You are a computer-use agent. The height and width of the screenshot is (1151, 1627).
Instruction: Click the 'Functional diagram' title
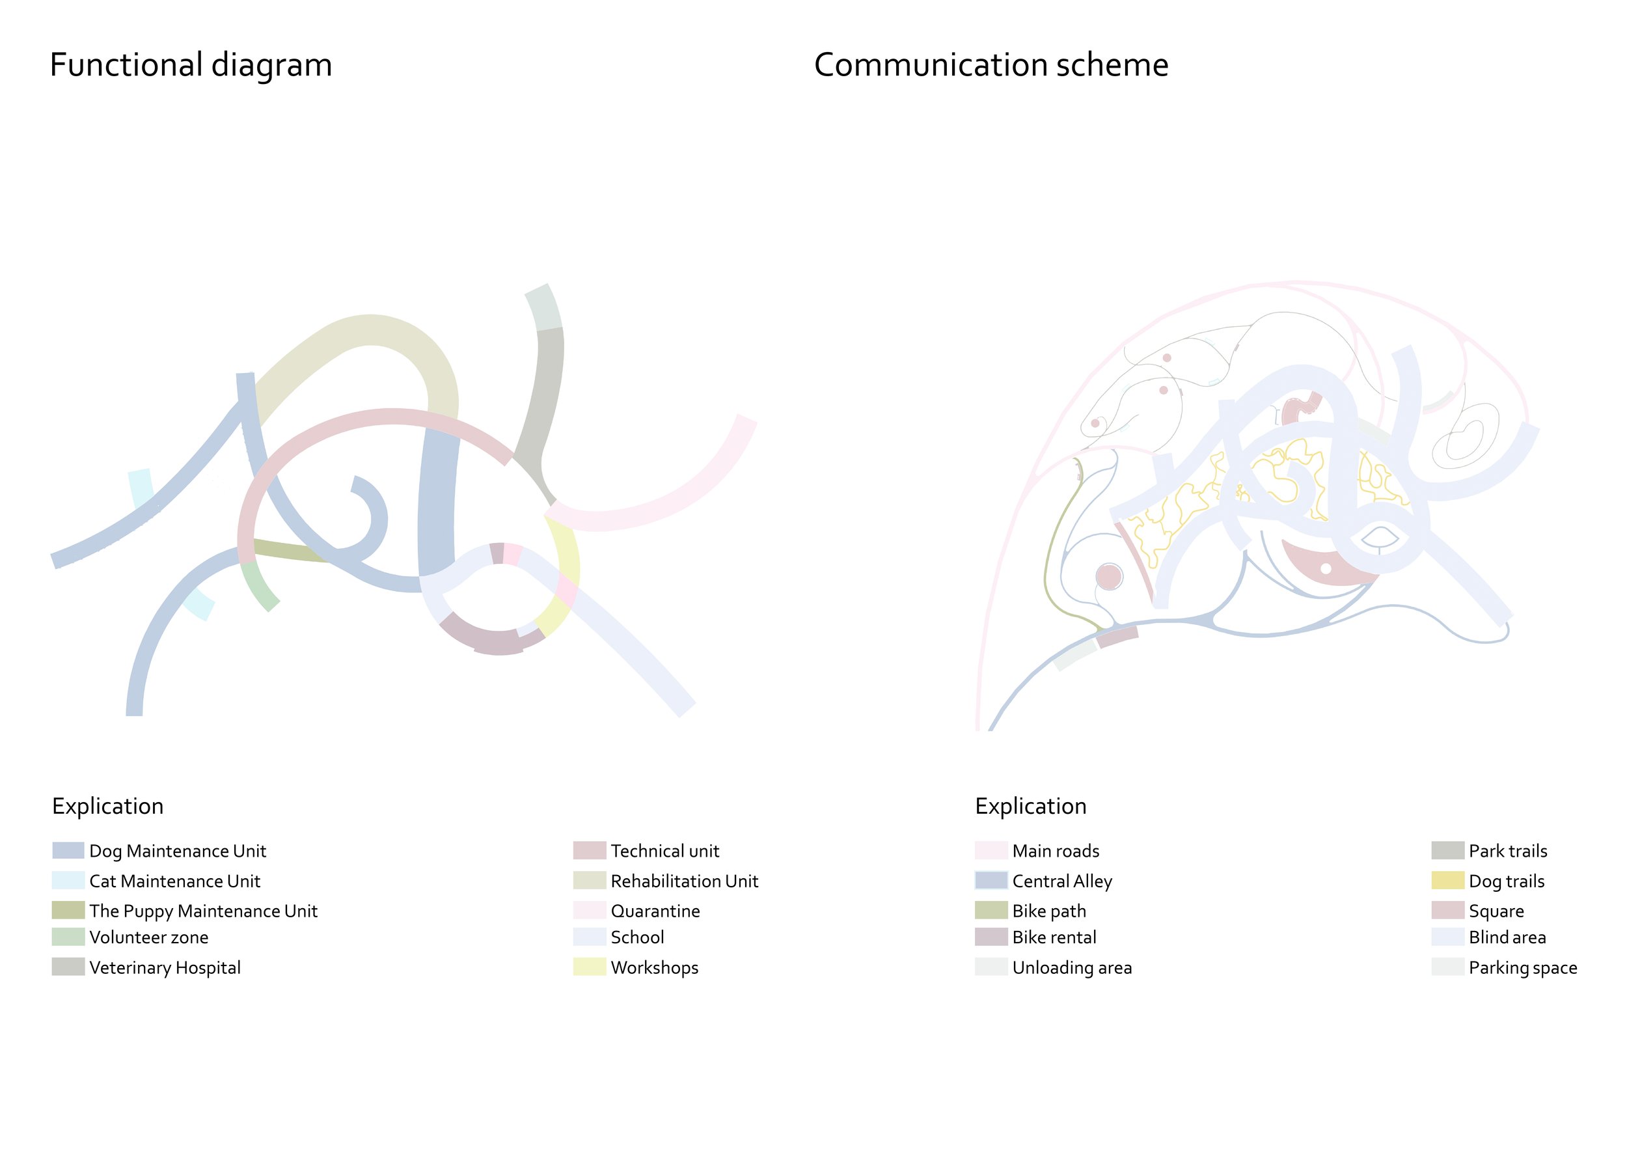coord(191,65)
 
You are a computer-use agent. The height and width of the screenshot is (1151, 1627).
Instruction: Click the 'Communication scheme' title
coord(991,65)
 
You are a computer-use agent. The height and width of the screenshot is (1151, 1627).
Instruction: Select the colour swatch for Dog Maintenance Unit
coord(68,850)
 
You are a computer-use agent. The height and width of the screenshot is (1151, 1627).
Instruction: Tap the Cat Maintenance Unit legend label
coord(174,881)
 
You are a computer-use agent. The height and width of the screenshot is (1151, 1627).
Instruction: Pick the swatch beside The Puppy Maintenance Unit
coord(68,910)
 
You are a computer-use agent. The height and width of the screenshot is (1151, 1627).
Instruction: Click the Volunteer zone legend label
coord(149,937)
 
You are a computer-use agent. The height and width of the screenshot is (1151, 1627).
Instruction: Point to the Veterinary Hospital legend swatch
coord(68,967)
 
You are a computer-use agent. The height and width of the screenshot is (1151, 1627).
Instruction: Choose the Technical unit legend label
coord(664,850)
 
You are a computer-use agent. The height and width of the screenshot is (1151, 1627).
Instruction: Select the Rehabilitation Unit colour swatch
coord(590,880)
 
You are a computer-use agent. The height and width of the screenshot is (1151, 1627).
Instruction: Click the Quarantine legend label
coord(655,911)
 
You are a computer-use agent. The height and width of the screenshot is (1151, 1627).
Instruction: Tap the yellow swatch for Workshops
coord(590,967)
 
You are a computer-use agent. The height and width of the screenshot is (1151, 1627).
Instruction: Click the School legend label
coord(637,937)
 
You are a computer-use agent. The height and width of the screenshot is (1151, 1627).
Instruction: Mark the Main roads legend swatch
coord(991,850)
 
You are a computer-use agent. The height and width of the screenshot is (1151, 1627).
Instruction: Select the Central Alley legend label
coord(1062,881)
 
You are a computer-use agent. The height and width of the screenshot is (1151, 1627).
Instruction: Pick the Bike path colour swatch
coord(991,910)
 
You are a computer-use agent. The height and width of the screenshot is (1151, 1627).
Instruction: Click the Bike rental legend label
coord(1054,937)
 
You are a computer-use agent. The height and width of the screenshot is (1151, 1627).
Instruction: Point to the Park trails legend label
coord(1508,850)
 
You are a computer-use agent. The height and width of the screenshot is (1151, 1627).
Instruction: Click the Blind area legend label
coord(1507,937)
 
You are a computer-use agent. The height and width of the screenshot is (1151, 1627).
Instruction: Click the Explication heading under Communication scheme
coord(1030,806)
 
